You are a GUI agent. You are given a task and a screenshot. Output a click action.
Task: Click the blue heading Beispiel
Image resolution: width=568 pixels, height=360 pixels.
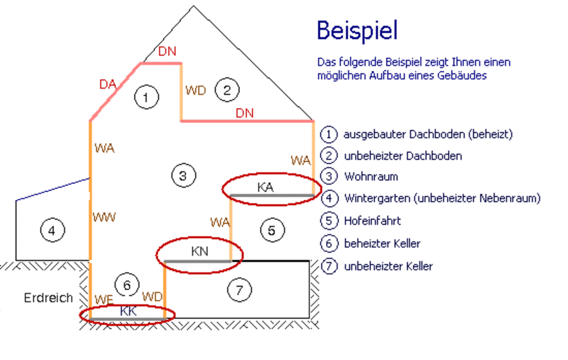pyautogui.click(x=357, y=31)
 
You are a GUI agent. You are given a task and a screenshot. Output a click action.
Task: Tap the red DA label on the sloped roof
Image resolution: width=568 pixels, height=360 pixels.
pyautogui.click(x=108, y=85)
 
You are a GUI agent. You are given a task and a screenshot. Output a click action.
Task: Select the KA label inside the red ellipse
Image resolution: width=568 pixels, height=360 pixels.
pyautogui.click(x=266, y=187)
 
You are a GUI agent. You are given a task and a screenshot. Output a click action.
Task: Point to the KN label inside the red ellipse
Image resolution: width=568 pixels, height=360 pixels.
pyautogui.click(x=200, y=251)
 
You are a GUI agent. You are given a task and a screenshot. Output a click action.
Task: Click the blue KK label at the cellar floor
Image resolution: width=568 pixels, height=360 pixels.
pyautogui.click(x=128, y=311)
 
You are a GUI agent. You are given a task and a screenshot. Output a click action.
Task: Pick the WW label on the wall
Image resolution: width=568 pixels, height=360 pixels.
pyautogui.click(x=105, y=218)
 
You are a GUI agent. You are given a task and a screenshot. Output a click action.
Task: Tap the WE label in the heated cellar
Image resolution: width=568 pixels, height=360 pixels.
pyautogui.click(x=104, y=299)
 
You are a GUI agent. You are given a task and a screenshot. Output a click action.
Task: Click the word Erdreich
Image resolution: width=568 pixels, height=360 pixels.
pyautogui.click(x=48, y=298)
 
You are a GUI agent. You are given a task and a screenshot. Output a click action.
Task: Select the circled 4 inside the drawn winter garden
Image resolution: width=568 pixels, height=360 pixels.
pyautogui.click(x=52, y=231)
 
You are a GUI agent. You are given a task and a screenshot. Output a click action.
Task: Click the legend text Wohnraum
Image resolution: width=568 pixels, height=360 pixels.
pyautogui.click(x=371, y=177)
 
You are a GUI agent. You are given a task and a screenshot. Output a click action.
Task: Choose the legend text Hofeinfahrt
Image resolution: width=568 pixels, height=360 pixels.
pyautogui.click(x=373, y=220)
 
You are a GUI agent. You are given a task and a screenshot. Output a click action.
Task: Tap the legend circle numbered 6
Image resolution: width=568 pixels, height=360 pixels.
pyautogui.click(x=328, y=244)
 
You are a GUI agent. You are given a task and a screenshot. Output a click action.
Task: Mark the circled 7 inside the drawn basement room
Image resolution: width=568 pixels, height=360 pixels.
pyautogui.click(x=239, y=290)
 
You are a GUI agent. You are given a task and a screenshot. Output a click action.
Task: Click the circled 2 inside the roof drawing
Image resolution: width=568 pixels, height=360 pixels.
pyautogui.click(x=227, y=90)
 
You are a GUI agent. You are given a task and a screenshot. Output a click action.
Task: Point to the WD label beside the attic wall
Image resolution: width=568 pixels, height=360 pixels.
pyautogui.click(x=195, y=90)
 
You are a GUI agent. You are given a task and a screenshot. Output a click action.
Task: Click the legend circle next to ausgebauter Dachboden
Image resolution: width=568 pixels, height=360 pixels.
pyautogui.click(x=328, y=134)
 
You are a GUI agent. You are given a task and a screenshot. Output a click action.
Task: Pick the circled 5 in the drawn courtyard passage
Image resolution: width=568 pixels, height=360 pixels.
pyautogui.click(x=272, y=230)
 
